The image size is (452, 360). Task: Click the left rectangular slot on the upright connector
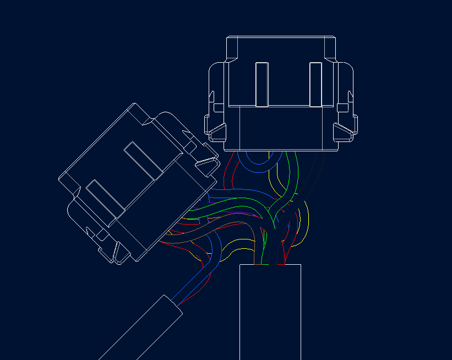click(262, 84)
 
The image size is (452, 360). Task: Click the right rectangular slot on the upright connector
click(315, 84)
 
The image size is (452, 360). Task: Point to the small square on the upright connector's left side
click(218, 107)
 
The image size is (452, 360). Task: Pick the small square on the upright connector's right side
click(342, 107)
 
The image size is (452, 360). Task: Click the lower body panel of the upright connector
click(281, 128)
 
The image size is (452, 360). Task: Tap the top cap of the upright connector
click(281, 47)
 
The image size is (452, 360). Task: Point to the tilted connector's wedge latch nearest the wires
click(207, 162)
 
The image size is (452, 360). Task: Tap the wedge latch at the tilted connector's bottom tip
click(116, 252)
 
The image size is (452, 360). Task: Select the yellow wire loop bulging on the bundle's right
click(304, 226)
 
